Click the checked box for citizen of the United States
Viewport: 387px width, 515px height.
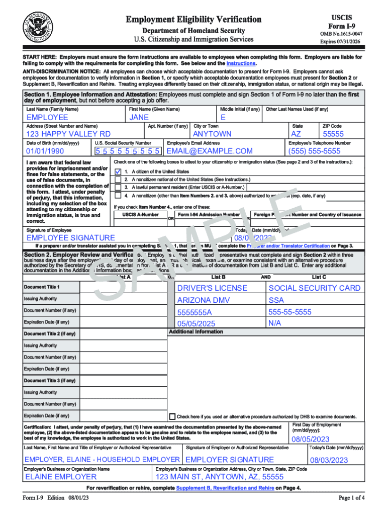tap(118, 171)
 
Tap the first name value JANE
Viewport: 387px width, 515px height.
tap(139, 117)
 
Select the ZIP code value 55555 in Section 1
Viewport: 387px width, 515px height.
tap(333, 134)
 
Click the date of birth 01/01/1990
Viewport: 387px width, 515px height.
tap(45, 151)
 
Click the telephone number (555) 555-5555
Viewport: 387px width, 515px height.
tap(314, 151)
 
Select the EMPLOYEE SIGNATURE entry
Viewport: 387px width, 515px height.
tap(70, 237)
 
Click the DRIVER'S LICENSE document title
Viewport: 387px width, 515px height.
tap(212, 288)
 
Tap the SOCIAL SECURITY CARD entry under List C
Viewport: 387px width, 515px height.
tap(315, 288)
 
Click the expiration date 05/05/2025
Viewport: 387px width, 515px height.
tap(196, 323)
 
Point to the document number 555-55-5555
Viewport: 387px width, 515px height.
tap(290, 312)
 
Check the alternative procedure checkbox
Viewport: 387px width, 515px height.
tap(172, 416)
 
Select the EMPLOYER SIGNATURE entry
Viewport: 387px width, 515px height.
tap(230, 460)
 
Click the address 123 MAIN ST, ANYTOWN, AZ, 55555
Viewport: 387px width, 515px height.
tap(219, 477)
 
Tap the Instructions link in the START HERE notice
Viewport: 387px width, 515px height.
tap(241, 64)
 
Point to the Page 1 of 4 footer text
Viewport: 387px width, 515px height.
tap(351, 498)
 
